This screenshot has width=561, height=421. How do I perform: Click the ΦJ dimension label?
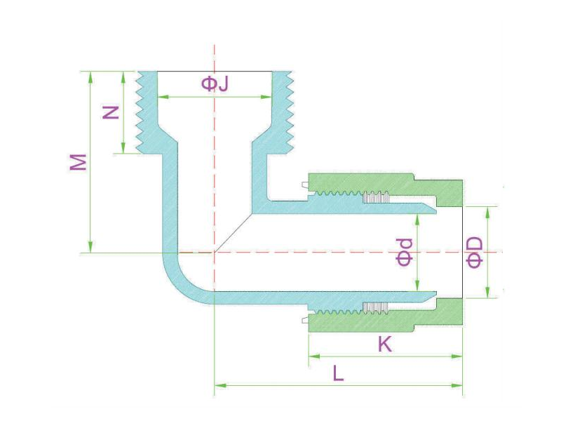click(215, 84)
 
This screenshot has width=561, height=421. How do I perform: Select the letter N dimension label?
click(111, 112)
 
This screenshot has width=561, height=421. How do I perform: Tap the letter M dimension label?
click(78, 162)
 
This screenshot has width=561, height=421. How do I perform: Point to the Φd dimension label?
click(405, 252)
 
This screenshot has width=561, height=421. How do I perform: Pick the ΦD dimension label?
click(475, 252)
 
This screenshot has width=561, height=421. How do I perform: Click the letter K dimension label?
click(384, 345)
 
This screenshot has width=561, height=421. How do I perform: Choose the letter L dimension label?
click(338, 373)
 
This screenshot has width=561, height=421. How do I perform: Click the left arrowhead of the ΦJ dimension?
click(163, 97)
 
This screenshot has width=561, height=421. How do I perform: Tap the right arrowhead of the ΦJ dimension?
click(266, 97)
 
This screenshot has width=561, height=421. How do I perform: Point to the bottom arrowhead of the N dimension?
click(123, 148)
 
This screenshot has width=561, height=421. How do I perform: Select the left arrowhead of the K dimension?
click(314, 356)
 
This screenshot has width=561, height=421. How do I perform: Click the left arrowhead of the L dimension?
click(219, 385)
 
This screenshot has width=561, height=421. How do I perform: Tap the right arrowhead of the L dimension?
click(457, 385)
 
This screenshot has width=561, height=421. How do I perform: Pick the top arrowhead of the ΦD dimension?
click(487, 212)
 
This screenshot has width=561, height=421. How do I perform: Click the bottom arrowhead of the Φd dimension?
click(417, 286)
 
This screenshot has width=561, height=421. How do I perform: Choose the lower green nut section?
click(386, 319)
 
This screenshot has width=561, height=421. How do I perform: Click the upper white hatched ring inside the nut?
click(376, 197)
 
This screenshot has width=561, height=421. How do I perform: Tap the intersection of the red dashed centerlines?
click(215, 253)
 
